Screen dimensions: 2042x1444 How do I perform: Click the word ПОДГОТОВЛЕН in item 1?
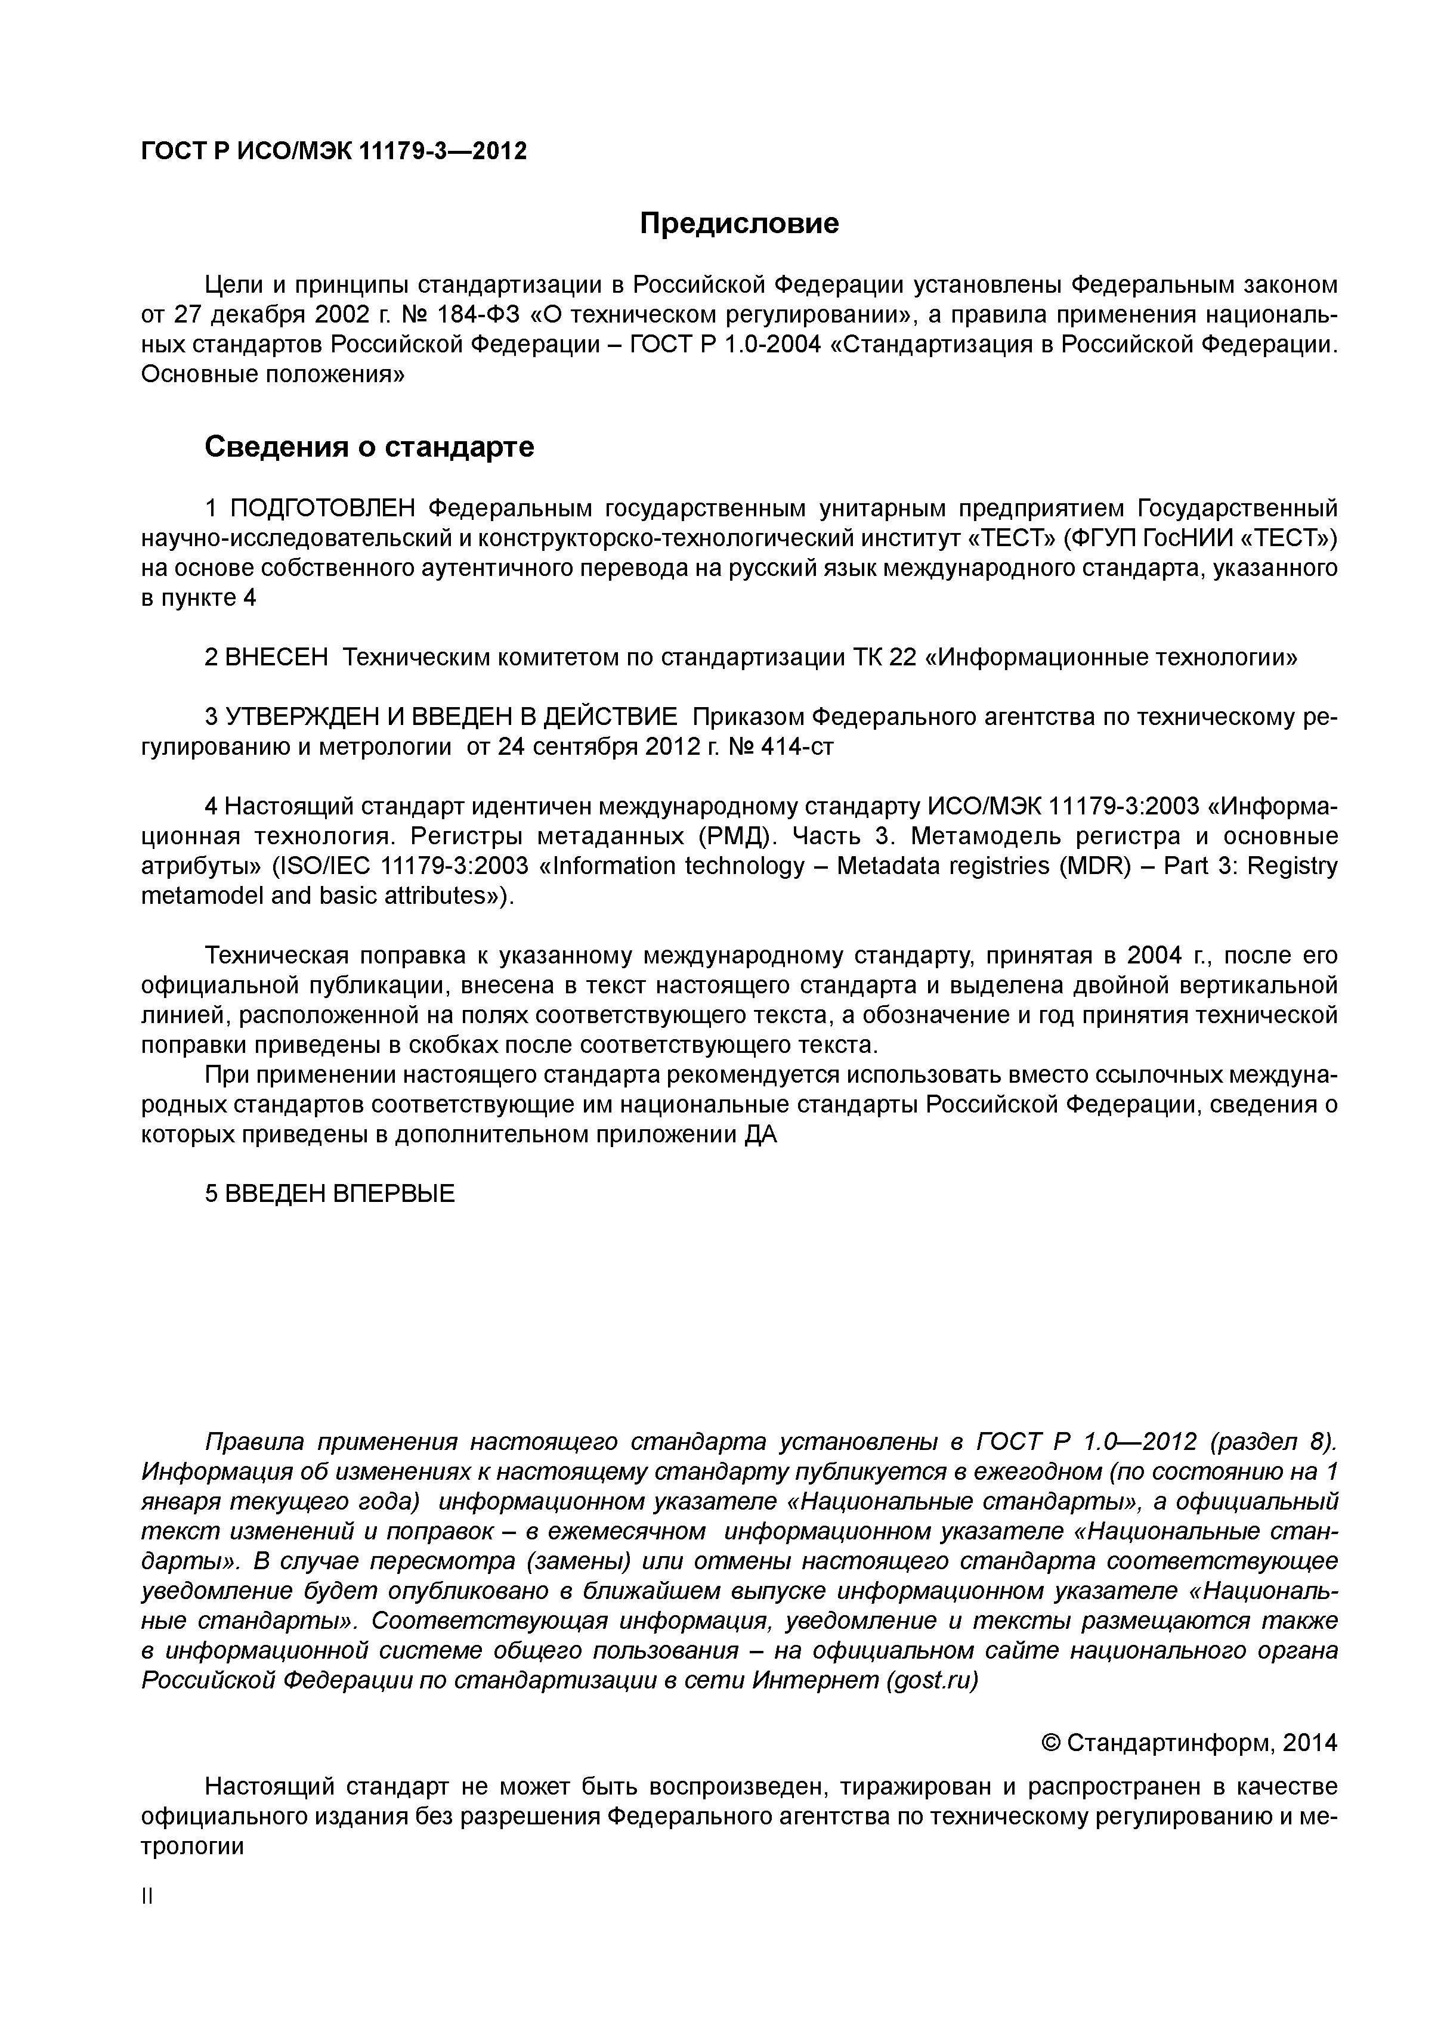click(323, 509)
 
